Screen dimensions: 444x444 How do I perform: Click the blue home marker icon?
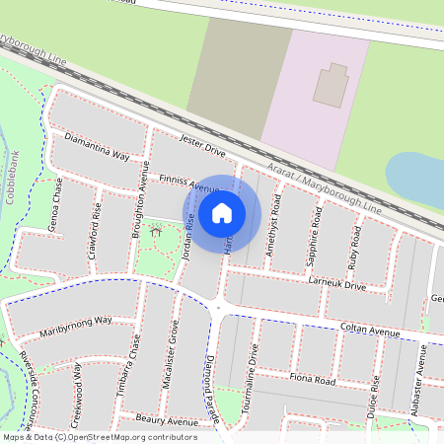click(x=222, y=212)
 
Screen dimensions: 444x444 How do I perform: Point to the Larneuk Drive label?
click(x=336, y=286)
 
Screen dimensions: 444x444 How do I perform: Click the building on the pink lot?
click(x=331, y=85)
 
